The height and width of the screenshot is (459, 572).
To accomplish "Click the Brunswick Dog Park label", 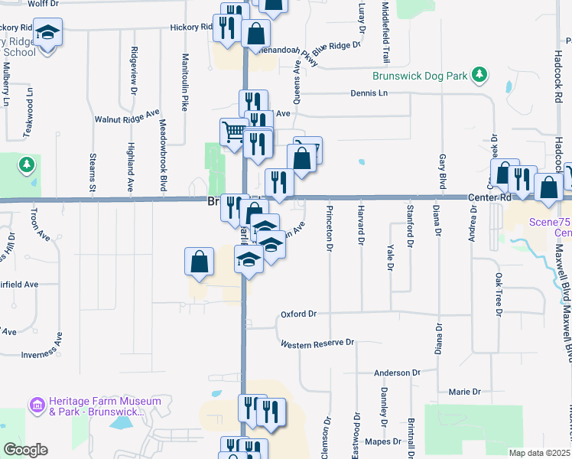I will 419,76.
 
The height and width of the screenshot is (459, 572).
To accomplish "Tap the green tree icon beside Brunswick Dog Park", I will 480,74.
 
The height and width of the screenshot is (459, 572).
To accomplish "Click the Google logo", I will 24,450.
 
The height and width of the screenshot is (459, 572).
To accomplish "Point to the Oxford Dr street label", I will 298,314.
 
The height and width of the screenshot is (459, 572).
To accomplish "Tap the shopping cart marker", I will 232,131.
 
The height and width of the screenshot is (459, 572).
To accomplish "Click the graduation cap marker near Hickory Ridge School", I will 47,33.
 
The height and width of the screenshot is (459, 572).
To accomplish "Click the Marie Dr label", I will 464,392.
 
